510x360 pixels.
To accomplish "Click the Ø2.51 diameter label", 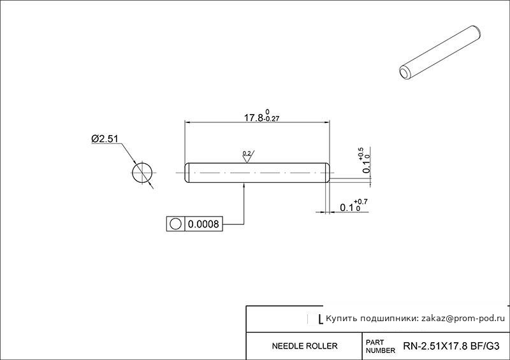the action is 105,139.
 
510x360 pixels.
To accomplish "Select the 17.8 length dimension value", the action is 253,118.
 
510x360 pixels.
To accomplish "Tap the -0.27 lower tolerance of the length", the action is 272,119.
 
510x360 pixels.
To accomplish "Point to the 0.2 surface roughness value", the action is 247,153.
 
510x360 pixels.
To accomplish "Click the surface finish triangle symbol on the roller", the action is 247,157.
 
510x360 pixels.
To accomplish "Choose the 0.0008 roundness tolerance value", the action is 203,224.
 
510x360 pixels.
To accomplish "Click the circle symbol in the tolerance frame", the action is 175,224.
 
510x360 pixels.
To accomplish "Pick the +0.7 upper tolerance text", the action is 361,202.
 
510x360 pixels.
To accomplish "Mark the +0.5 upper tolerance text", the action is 361,154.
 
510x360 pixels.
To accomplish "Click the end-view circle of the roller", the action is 142,173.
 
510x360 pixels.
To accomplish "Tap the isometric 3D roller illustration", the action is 440,53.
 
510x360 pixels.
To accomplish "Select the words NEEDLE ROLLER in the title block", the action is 305,346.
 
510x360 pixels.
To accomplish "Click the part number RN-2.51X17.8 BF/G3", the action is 451,346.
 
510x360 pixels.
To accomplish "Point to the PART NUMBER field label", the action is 380,347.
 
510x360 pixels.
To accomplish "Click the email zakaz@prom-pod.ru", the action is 463,319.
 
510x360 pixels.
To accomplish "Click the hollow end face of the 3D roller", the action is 404,73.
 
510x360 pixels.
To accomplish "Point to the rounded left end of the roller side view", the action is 186,173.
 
